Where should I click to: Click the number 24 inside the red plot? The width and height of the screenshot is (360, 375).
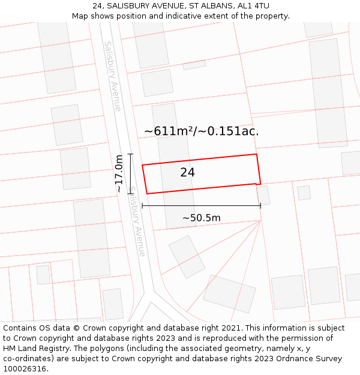pyautogui.click(x=187, y=173)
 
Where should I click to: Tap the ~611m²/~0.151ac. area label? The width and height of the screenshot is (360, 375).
pyautogui.click(x=202, y=131)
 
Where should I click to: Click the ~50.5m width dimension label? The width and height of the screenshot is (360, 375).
pyautogui.click(x=202, y=218)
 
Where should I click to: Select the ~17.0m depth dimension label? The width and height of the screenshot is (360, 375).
pyautogui.click(x=119, y=174)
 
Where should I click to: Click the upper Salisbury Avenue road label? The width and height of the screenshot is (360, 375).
pyautogui.click(x=112, y=76)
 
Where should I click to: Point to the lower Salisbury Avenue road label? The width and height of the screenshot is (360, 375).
pyautogui.click(x=137, y=222)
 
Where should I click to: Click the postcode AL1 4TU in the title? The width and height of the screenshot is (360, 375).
pyautogui.click(x=253, y=6)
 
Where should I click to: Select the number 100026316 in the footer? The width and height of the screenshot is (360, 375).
pyautogui.click(x=25, y=369)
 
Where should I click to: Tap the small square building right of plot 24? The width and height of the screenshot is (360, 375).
pyautogui.click(x=263, y=195)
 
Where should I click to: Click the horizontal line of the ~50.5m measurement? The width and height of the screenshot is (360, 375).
pyautogui.click(x=201, y=206)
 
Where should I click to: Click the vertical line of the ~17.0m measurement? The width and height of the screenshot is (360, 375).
pyautogui.click(x=130, y=174)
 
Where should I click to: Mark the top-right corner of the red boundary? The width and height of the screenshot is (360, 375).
pyautogui.click(x=257, y=154)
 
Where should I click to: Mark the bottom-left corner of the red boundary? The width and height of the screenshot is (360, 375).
pyautogui.click(x=147, y=193)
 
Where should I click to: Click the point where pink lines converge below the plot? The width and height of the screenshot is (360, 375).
pyautogui.click(x=261, y=220)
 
